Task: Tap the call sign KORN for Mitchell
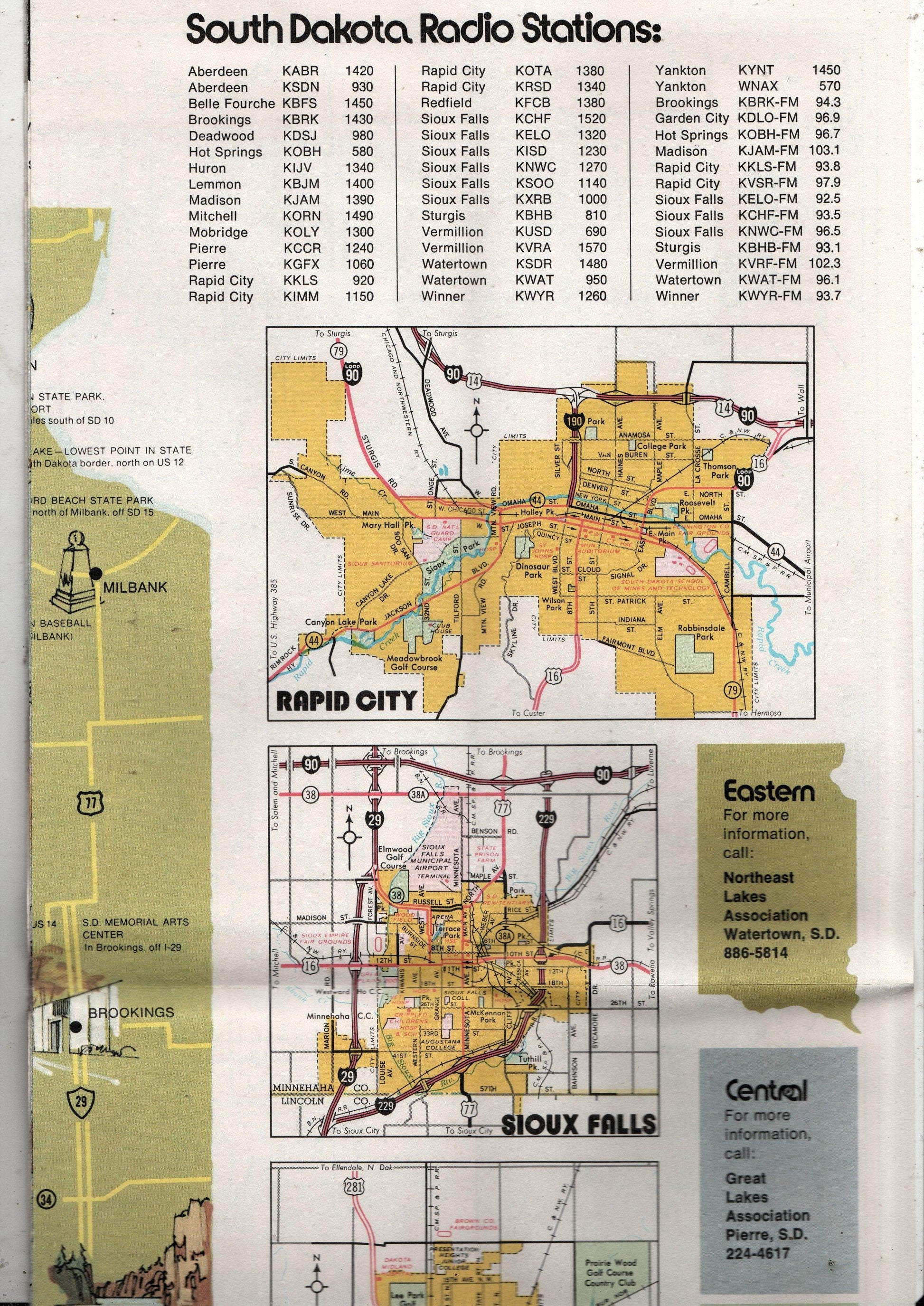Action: [x=302, y=216]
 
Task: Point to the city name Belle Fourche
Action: [x=232, y=104]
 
